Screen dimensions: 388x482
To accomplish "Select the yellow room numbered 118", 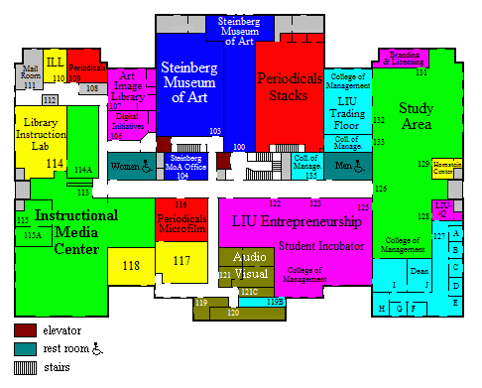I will click(131, 265).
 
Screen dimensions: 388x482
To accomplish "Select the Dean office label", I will click(419, 270).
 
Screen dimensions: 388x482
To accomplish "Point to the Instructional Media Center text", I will click(65, 232).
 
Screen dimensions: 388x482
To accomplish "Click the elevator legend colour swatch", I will click(24, 329).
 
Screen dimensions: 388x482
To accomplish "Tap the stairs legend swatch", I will click(24, 367).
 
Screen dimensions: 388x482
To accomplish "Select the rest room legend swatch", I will click(24, 348).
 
